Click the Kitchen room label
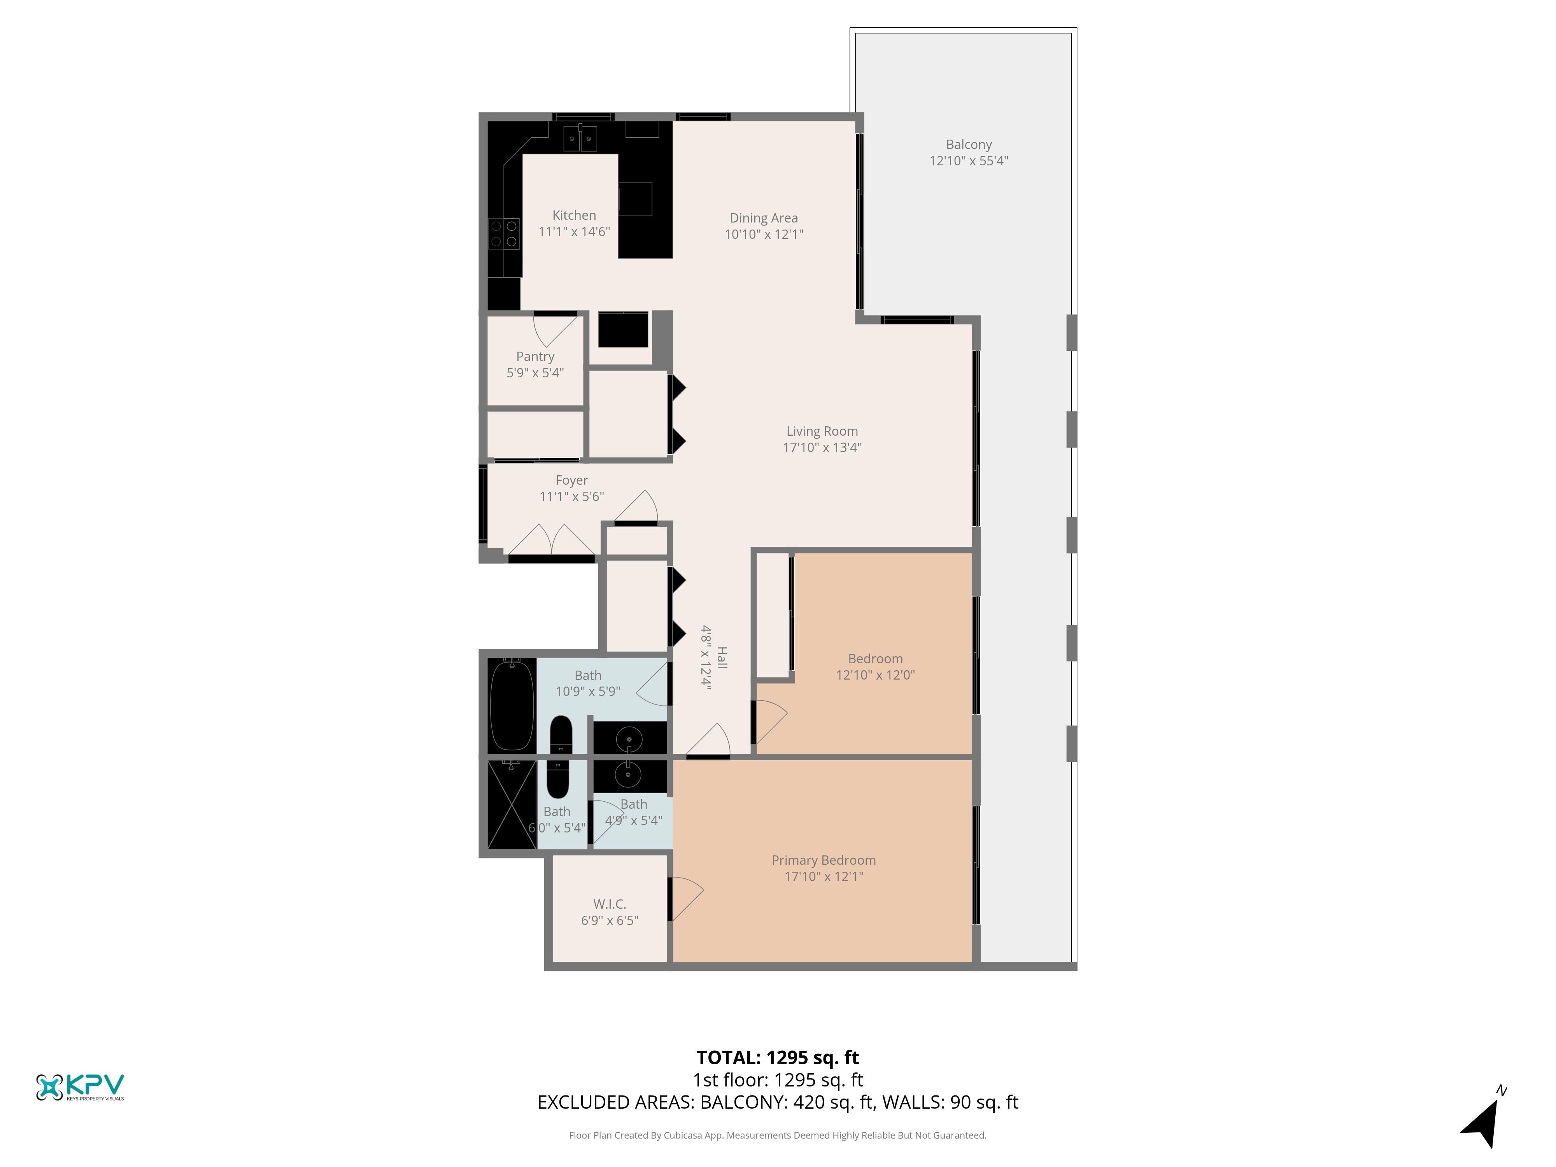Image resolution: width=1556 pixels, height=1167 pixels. coord(574,215)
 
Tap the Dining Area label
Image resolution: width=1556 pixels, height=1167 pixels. coord(764,218)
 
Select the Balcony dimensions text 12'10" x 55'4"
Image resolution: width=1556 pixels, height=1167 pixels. coord(969,160)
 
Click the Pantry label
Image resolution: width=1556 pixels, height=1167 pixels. coord(535,357)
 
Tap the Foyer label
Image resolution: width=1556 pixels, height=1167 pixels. coord(571,480)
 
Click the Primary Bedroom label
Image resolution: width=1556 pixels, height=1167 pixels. coord(824,860)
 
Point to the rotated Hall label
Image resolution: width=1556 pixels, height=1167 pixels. coord(722,658)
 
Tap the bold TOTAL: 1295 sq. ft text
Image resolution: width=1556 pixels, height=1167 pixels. coord(777,1058)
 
